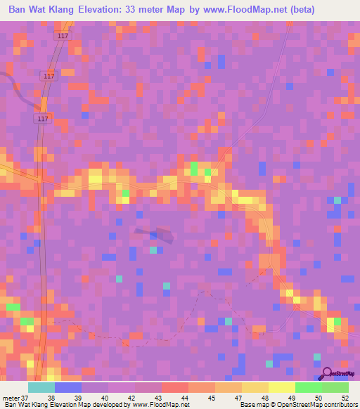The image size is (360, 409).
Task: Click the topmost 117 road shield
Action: [x=64, y=36]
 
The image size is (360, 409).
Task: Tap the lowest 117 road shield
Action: [x=44, y=119]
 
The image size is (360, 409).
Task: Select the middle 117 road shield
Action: [x=49, y=76]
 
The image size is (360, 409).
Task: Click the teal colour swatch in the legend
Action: [x=41, y=387]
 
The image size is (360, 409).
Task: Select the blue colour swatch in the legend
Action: [x=67, y=387]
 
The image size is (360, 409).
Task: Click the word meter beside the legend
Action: [x=11, y=397]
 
